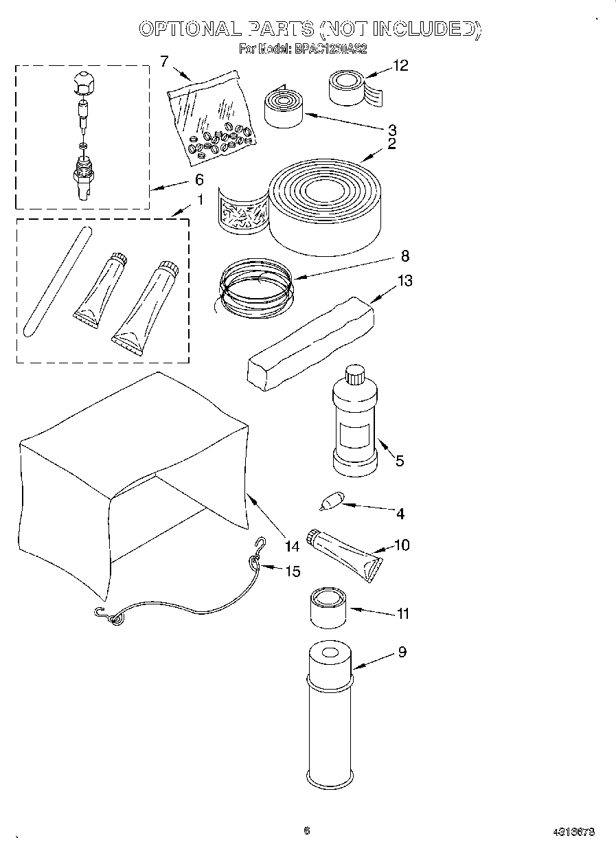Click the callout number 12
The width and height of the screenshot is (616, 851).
pyautogui.click(x=400, y=65)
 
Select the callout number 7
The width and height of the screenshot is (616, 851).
pyautogui.click(x=164, y=60)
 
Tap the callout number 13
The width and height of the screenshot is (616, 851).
pyautogui.click(x=405, y=280)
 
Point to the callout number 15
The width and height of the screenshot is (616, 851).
pyautogui.click(x=293, y=571)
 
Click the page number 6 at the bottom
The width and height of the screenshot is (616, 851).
pyautogui.click(x=307, y=830)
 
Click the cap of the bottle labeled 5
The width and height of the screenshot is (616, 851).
pyautogui.click(x=354, y=374)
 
